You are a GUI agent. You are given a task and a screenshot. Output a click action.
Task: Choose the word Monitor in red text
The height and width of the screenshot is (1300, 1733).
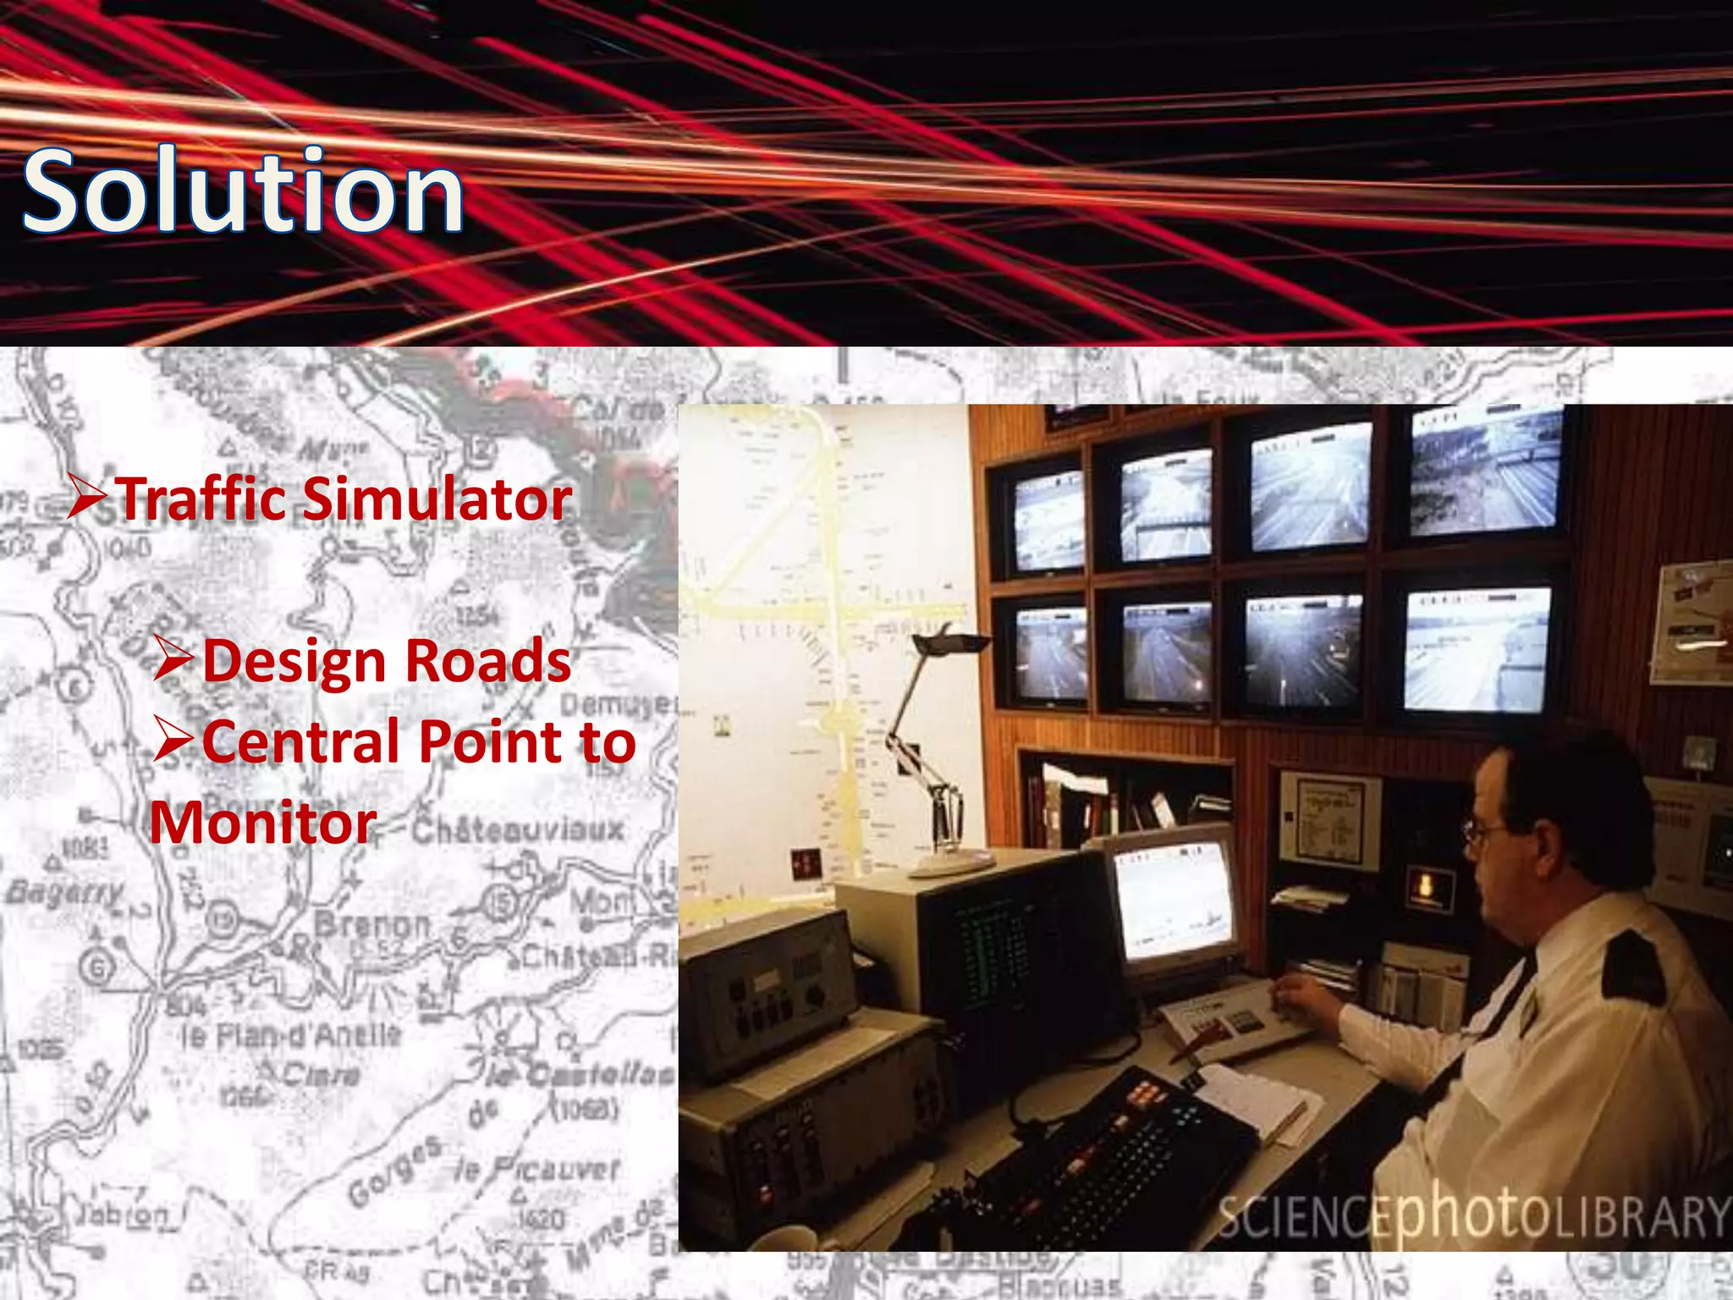[x=263, y=823]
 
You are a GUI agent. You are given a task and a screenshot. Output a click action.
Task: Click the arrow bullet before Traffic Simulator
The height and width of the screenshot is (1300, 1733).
[x=88, y=498]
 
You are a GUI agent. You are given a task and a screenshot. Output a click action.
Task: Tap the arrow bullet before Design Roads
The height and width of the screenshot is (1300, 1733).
[x=174, y=660]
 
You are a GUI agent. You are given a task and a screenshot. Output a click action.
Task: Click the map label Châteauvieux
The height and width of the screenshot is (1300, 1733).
[x=518, y=829]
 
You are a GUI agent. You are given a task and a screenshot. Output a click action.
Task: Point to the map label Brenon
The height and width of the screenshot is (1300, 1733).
[x=372, y=924]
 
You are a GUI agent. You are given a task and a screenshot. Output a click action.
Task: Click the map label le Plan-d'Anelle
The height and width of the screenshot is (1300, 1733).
[x=291, y=1034]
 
